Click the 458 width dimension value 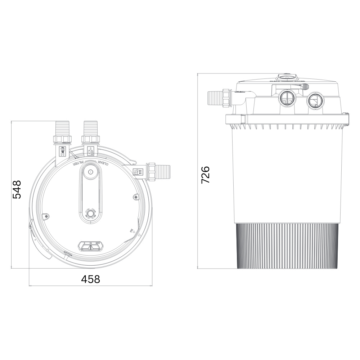click(90, 279)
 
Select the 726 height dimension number click(206, 175)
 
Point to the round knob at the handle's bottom click(90, 214)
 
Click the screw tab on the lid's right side click(135, 197)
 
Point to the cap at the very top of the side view click(287, 77)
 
